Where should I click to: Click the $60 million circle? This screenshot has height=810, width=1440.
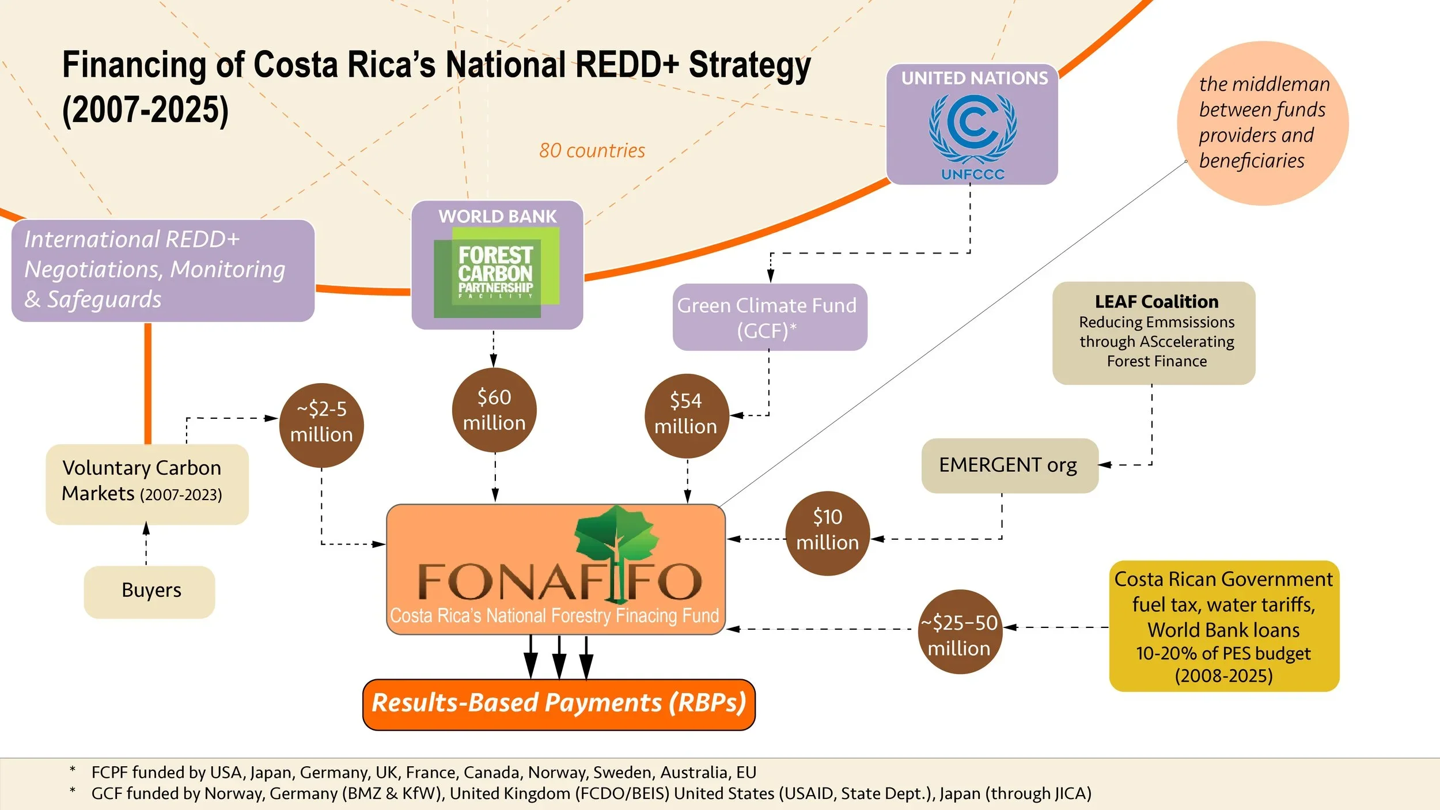(x=494, y=410)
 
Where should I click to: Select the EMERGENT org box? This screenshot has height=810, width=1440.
(x=1009, y=465)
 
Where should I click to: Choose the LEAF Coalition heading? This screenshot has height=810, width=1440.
(x=1156, y=302)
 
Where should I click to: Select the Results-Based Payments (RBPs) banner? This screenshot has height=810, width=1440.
(x=558, y=703)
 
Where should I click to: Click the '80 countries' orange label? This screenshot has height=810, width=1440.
(x=592, y=151)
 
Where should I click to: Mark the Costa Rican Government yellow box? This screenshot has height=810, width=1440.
(x=1223, y=626)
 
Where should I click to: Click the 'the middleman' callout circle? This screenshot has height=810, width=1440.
(x=1263, y=123)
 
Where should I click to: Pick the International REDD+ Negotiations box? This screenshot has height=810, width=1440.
(x=162, y=270)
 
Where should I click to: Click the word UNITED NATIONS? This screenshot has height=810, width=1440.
(x=974, y=78)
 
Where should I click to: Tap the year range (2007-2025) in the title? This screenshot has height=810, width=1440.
(x=145, y=110)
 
